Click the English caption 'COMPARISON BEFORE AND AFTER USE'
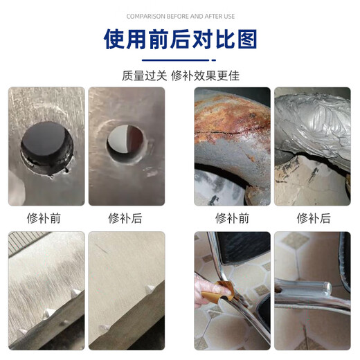coord(179,16)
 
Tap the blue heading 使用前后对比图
coord(179,39)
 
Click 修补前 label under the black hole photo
coord(46,218)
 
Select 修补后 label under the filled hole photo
coord(125,218)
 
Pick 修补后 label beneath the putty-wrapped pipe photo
coord(313,218)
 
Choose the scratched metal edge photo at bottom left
coord(46,290)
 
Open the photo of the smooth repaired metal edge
coord(126,290)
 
